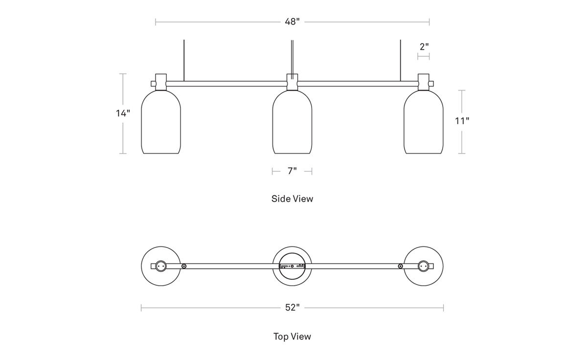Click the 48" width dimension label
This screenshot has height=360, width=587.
(292, 22)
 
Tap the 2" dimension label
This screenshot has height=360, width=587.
(424, 47)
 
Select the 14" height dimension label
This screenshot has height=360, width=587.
(123, 113)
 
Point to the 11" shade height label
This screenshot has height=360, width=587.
(462, 121)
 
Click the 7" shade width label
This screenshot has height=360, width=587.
(292, 171)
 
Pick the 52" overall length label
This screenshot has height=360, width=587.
(292, 307)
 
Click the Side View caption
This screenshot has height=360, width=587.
(292, 199)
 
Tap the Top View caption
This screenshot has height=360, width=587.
(292, 337)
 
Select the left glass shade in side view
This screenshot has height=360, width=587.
(161, 122)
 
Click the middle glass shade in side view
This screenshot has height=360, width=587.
(292, 122)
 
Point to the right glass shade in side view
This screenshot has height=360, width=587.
(424, 122)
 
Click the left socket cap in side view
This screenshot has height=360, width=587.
(161, 82)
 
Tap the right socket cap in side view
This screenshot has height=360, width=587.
(424, 82)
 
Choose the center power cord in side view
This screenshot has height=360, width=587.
(292, 60)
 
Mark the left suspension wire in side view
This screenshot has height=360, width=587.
(184, 61)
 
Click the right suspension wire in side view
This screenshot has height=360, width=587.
(401, 61)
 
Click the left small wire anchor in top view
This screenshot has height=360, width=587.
(184, 266)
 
